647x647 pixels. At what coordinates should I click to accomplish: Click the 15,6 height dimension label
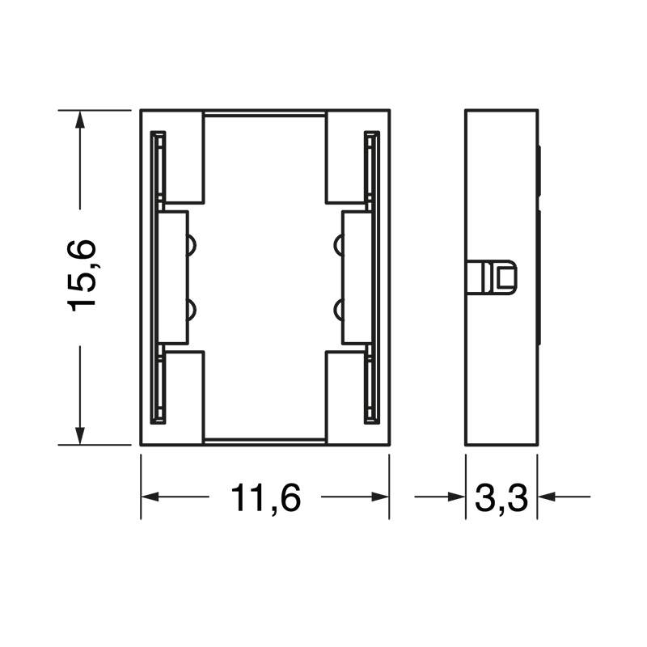(x=82, y=275)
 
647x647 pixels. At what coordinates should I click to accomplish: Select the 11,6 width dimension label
(x=265, y=498)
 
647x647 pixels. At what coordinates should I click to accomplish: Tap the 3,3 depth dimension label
(x=501, y=498)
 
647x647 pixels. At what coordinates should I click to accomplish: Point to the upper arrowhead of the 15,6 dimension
(x=79, y=120)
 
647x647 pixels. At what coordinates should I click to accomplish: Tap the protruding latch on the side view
(x=495, y=278)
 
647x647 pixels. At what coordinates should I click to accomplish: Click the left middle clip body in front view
(x=172, y=277)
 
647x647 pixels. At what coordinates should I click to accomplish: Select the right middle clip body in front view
(x=357, y=277)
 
